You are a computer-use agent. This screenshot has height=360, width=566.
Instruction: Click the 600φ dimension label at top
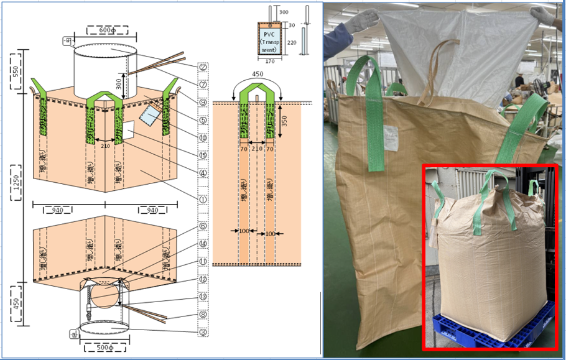107,30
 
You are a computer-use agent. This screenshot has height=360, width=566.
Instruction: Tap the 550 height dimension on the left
16,71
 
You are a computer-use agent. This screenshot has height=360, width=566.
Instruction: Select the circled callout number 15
203,155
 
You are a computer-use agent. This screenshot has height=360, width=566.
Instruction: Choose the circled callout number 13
203,297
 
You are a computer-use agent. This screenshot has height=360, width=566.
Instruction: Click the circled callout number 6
203,227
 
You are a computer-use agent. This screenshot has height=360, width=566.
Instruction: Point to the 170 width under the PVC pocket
269,61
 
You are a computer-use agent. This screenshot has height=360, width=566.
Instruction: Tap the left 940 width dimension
57,210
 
